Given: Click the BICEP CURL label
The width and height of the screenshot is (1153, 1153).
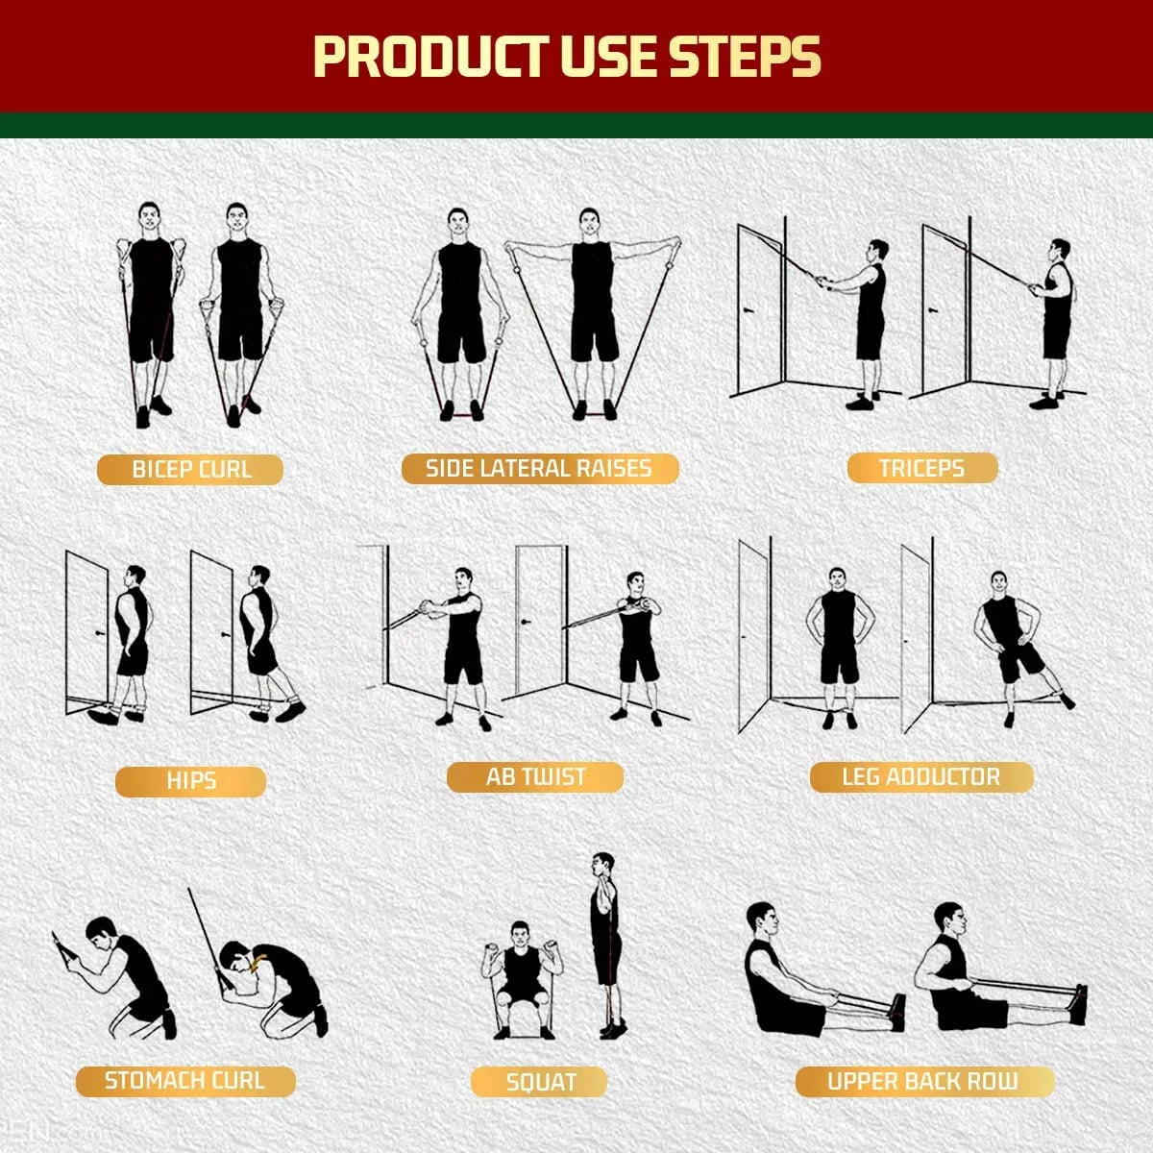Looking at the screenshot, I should (190, 470).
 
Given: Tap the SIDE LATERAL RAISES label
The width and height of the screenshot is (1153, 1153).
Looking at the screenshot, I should (539, 469).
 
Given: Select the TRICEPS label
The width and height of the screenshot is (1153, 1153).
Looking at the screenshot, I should (921, 469).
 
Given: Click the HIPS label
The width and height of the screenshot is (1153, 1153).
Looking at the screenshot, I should (190, 781).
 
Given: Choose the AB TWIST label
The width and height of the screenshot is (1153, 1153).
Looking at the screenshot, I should (535, 777).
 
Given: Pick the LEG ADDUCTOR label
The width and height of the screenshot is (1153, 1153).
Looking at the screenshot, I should (920, 777).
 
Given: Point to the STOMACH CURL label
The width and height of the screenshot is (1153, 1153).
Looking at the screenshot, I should (184, 1081).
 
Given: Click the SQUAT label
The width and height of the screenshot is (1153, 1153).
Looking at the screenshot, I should (540, 1083).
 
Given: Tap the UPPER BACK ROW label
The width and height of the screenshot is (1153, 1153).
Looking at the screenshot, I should (922, 1082).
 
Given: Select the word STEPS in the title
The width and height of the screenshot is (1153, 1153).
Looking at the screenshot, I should (745, 58).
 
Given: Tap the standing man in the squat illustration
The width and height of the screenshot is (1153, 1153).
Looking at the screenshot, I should (604, 942).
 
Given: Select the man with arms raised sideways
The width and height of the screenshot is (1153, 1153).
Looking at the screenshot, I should (592, 307).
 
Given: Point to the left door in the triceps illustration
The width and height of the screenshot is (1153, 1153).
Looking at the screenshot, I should (759, 307).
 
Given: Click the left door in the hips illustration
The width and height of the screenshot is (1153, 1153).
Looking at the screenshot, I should (86, 629).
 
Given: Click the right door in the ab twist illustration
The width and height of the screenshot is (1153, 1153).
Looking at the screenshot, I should (539, 620).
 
